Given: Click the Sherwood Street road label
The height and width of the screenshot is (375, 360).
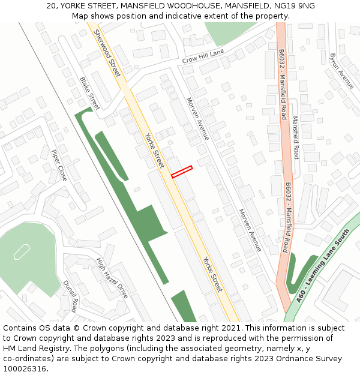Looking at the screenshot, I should pos(107,53).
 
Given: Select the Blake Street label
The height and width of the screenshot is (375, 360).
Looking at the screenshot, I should pos(89,88).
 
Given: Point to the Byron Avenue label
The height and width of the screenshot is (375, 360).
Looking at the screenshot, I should pos(341,71).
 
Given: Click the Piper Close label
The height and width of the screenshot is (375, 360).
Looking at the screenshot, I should pos(59,166).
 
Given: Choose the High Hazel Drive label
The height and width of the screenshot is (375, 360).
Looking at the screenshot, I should pos(112,278).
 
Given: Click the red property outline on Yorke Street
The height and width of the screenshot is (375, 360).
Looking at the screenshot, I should pos(182,172).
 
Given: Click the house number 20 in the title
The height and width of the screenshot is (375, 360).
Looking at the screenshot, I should pos(50,6).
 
